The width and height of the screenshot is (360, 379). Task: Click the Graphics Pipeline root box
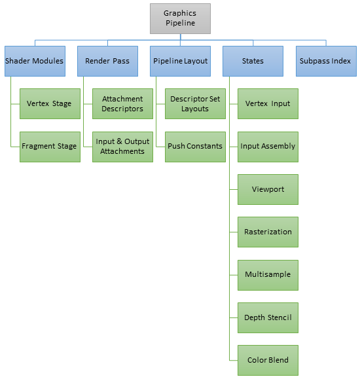tap(180, 18)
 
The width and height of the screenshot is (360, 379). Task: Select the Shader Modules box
tap(34, 61)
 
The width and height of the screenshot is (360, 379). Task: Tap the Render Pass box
tap(107, 61)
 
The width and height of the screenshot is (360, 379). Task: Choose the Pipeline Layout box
tap(180, 61)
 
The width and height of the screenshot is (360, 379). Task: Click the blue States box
tap(253, 61)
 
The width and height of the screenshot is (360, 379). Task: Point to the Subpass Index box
tap(325, 61)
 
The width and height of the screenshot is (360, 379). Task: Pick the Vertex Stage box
tap(49, 103)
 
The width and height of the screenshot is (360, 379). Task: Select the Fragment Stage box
tap(49, 146)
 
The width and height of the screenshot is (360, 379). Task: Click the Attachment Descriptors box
tap(122, 103)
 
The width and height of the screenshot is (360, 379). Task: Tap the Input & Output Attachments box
tap(122, 146)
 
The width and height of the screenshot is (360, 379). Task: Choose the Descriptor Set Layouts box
tap(195, 103)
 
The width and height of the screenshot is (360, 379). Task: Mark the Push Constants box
tap(195, 146)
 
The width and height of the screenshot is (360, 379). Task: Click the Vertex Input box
tap(268, 103)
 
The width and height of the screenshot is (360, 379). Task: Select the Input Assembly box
tap(268, 146)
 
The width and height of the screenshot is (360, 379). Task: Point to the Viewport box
tap(268, 189)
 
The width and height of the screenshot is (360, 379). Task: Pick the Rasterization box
tap(268, 232)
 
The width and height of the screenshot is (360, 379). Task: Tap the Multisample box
tap(268, 274)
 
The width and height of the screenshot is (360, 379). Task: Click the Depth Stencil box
tap(268, 317)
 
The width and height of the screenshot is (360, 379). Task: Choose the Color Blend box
tap(268, 360)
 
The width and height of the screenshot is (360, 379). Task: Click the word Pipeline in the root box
tap(180, 23)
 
